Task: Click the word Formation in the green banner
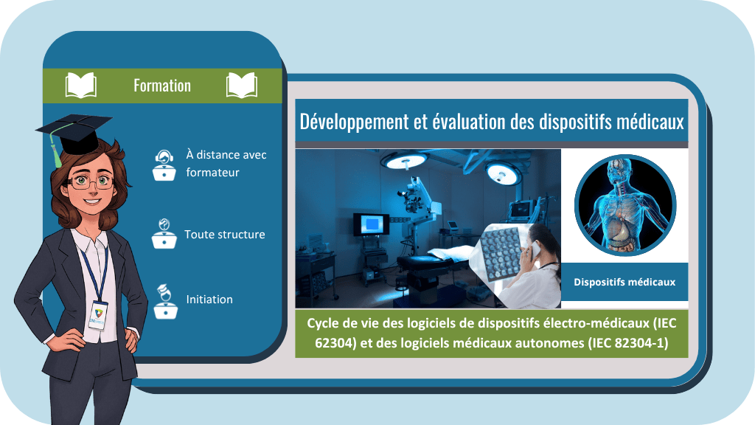coord(162,86)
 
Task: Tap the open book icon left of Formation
coord(81,86)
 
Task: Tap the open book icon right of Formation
coord(242,86)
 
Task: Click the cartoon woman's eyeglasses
coord(89,182)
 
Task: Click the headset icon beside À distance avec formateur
coord(164,165)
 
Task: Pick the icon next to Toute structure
coord(164,233)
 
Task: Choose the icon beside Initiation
coord(166,302)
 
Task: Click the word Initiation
coord(209,300)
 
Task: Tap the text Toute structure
coord(225,234)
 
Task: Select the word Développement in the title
coord(355,122)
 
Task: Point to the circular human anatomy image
coord(625,205)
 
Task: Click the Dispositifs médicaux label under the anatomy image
coord(624,282)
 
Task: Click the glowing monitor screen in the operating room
coord(372,224)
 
